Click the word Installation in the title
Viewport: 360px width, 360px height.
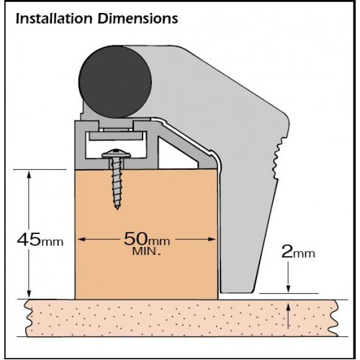[x=54, y=18]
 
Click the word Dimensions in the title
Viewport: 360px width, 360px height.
[x=138, y=18]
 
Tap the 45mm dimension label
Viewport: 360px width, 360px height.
[x=40, y=240]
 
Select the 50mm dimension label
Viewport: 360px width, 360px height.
[x=147, y=239]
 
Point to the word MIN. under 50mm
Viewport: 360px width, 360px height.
[x=146, y=251]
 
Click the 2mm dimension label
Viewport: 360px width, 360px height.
[x=298, y=252]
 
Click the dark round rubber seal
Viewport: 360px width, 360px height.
[x=115, y=81]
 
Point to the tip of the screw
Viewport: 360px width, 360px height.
[x=117, y=209]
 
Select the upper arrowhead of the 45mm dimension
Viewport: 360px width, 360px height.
[x=29, y=175]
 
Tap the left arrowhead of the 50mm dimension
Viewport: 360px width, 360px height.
[x=82, y=239]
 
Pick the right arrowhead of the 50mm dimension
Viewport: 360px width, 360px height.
[x=212, y=239]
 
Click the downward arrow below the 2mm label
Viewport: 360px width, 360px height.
[x=289, y=277]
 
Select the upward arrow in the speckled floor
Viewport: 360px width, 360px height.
[x=289, y=316]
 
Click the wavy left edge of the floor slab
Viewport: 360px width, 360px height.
[x=29, y=318]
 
